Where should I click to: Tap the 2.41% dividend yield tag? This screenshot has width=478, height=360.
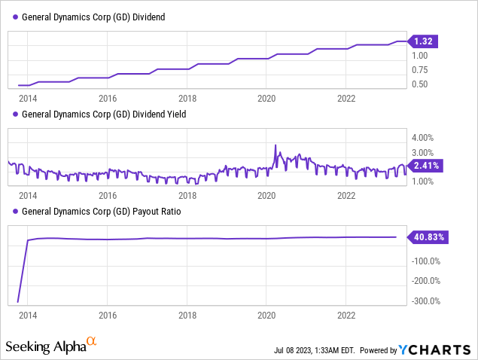coord(426,165)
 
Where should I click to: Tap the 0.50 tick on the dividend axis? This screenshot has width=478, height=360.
coord(419,84)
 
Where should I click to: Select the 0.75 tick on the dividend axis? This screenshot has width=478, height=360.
coord(419,69)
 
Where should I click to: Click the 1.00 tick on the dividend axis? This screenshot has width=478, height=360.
coord(419,55)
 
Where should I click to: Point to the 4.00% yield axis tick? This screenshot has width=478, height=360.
coord(422,138)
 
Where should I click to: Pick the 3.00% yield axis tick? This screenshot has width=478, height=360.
coord(422,153)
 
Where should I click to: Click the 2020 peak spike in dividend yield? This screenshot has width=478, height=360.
coord(276,145)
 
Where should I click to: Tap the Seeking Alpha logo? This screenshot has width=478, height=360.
coord(51,346)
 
